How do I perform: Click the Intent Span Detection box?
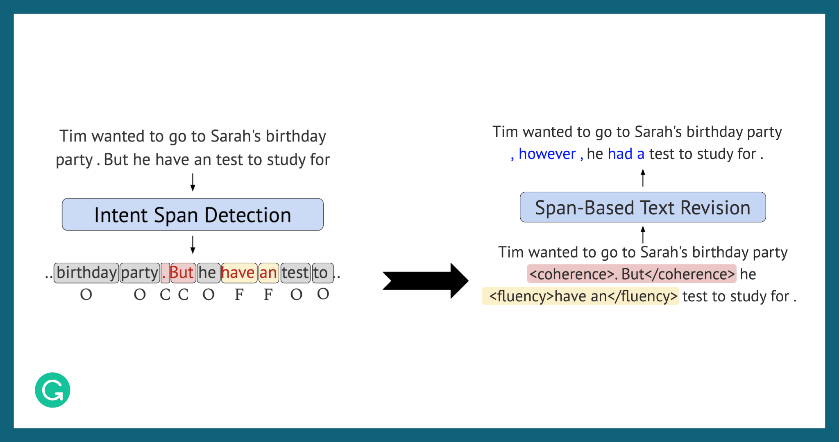[193, 214]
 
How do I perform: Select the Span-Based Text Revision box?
[643, 207]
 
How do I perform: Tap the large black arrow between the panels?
[425, 281]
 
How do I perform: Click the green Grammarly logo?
[52, 390]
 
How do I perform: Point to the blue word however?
[547, 154]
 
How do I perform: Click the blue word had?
[620, 154]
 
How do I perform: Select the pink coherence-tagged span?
[632, 274]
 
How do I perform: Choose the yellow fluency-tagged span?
[580, 296]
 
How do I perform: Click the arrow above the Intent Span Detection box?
[193, 182]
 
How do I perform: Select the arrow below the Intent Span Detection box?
[193, 245]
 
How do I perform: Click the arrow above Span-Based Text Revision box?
[643, 178]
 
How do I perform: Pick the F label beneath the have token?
[239, 294]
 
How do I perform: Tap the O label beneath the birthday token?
[86, 294]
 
